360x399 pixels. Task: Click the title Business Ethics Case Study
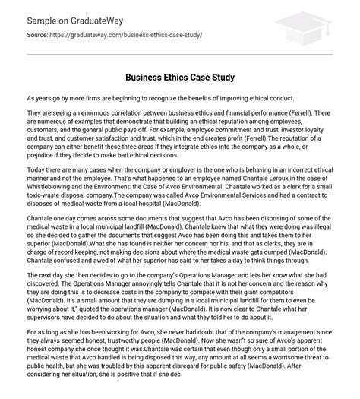180,78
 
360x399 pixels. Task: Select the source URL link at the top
125,34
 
